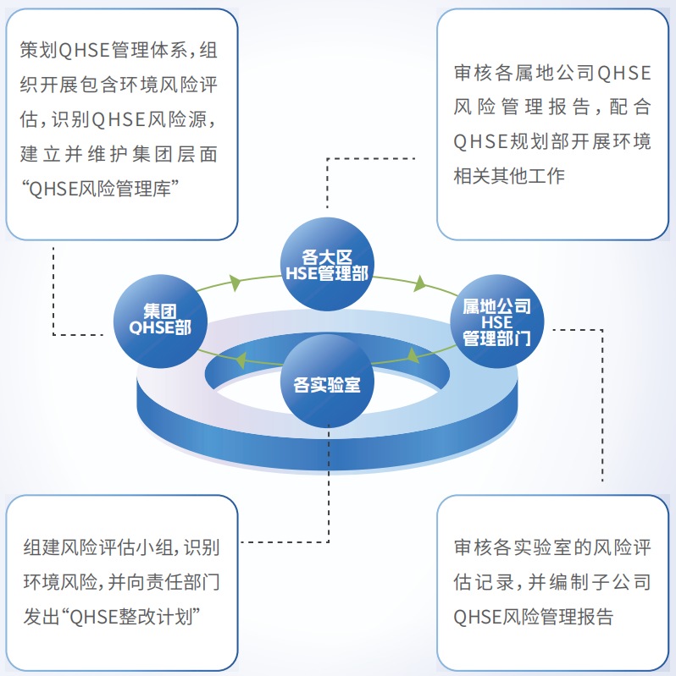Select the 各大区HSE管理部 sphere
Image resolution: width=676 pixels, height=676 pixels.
(x=327, y=264)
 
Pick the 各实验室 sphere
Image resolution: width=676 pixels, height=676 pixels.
(x=327, y=382)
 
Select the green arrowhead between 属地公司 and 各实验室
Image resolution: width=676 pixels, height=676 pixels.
(x=413, y=354)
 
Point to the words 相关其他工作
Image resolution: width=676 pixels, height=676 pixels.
(x=509, y=175)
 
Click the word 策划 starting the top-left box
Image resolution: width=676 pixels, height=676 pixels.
(x=36, y=50)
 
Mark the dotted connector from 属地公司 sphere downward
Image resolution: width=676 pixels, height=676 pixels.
(x=602, y=406)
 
